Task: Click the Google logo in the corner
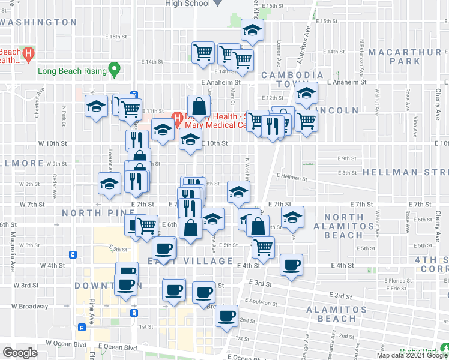(x=20, y=353)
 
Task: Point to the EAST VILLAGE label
(x=190, y=261)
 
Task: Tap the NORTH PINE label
(x=91, y=213)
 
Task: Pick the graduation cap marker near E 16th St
(x=253, y=31)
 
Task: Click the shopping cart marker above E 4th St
(x=263, y=246)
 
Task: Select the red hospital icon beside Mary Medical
(x=177, y=116)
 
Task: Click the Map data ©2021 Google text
(x=411, y=355)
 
